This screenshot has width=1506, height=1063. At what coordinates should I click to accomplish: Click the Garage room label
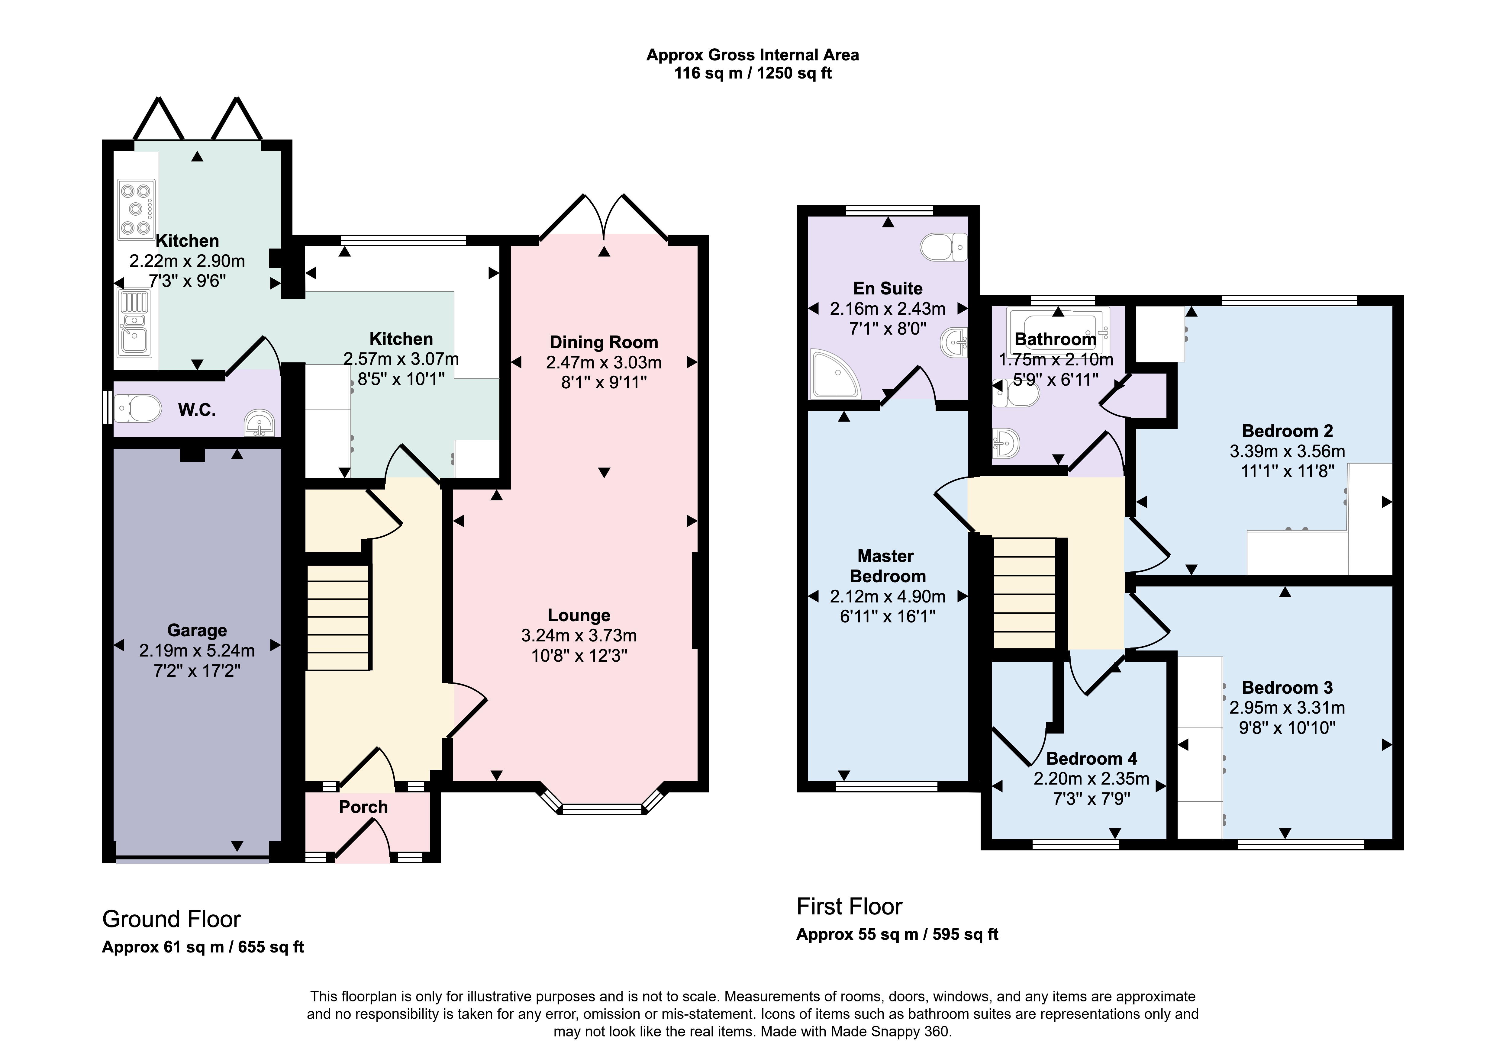point(197,630)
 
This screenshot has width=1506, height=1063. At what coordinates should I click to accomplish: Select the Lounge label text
point(579,615)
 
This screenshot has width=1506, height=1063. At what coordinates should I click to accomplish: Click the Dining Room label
point(603,342)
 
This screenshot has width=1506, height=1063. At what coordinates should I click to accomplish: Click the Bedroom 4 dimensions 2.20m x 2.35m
point(1092,779)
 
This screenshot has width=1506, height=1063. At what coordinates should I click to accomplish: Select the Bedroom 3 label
point(1287,687)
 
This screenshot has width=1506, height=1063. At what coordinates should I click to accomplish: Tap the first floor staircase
point(1024,593)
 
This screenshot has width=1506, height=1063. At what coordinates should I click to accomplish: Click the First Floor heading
point(850,906)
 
